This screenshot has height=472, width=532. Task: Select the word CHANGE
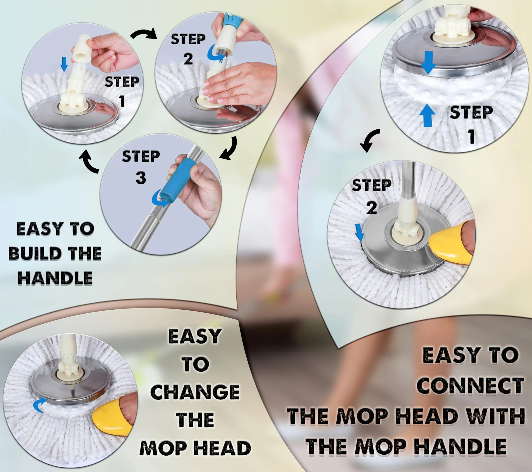195,392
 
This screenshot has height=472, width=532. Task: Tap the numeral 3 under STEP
141,178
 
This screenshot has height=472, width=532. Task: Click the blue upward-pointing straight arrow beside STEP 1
427,115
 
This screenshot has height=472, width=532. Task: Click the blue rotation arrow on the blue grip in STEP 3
159,199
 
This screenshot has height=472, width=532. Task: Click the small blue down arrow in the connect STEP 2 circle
359,233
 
